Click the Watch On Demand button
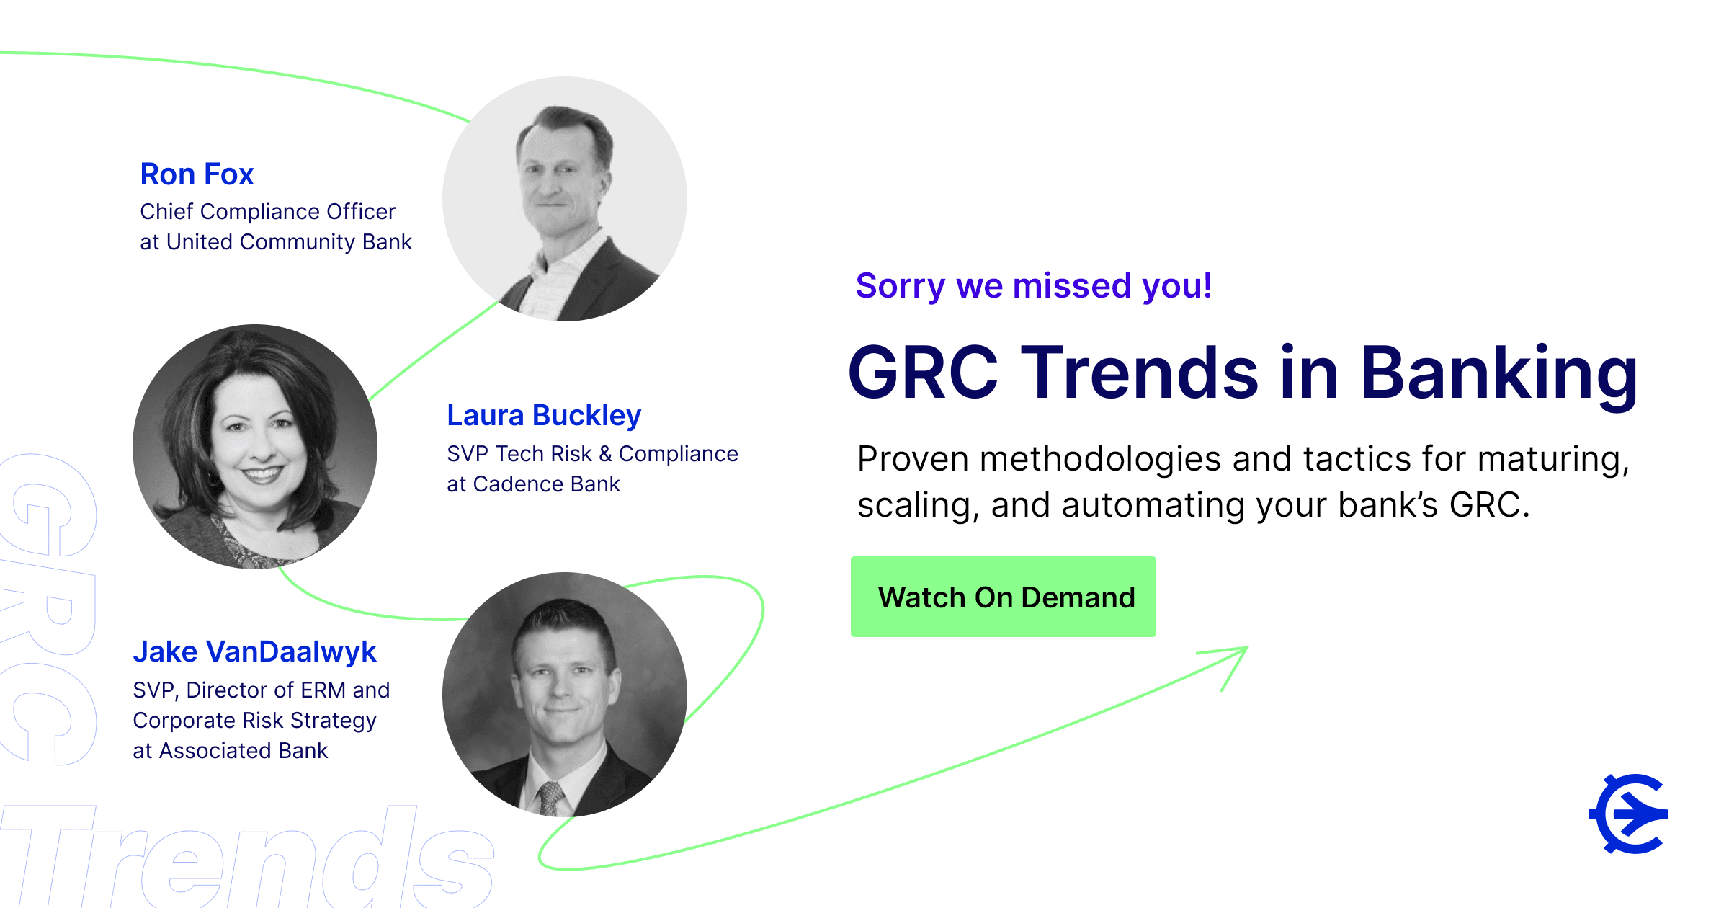(x=1003, y=597)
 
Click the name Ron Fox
(x=197, y=174)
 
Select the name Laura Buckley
(x=544, y=416)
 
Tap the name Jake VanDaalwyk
(x=254, y=652)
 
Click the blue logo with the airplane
(x=1629, y=814)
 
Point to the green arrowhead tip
(x=1248, y=647)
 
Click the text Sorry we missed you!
(x=1034, y=286)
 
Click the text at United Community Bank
(x=276, y=242)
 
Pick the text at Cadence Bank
(x=533, y=484)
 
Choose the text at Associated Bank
(x=231, y=751)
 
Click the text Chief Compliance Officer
(x=267, y=212)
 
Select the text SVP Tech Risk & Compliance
(x=592, y=454)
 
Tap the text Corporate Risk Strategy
(x=255, y=721)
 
